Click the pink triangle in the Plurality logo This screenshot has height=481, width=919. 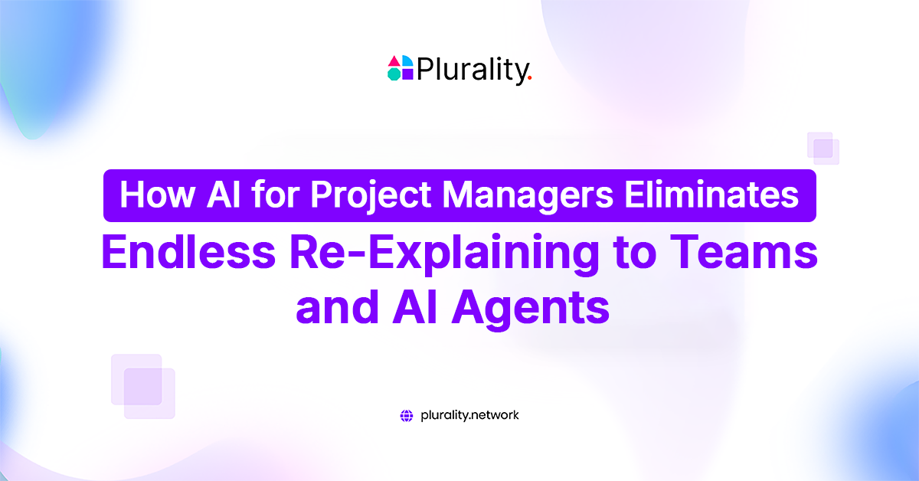[x=394, y=61]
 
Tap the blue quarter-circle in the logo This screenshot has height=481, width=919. [x=407, y=61]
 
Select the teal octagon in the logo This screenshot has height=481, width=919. [x=394, y=74]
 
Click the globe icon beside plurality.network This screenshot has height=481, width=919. [x=407, y=416]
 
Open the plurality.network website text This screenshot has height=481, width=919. [x=469, y=416]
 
